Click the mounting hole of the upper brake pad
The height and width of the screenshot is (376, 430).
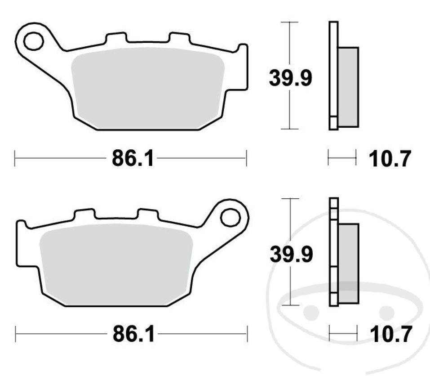coord(33,41)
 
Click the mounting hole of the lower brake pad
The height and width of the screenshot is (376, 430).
coord(230,218)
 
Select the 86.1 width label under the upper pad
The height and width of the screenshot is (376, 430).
coord(133,158)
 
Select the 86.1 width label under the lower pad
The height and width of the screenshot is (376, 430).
coord(133,335)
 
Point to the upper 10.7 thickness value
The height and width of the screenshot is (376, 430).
coord(389,159)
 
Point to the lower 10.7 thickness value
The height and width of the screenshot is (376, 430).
coord(389,335)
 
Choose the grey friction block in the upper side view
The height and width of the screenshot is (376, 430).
coord(349,87)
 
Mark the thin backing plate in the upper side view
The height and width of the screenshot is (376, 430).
coord(333,72)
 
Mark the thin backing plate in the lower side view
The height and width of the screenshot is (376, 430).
coord(333,252)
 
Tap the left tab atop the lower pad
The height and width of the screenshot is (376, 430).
coord(84,215)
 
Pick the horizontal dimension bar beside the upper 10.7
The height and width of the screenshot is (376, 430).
coord(342,158)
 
